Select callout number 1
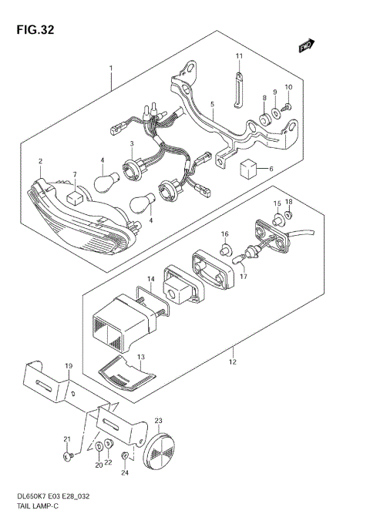click(x=111, y=69)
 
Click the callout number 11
click(x=239, y=56)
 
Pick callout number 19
click(x=68, y=364)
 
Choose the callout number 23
click(x=158, y=421)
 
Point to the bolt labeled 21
click(x=69, y=456)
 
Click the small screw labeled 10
click(x=288, y=106)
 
